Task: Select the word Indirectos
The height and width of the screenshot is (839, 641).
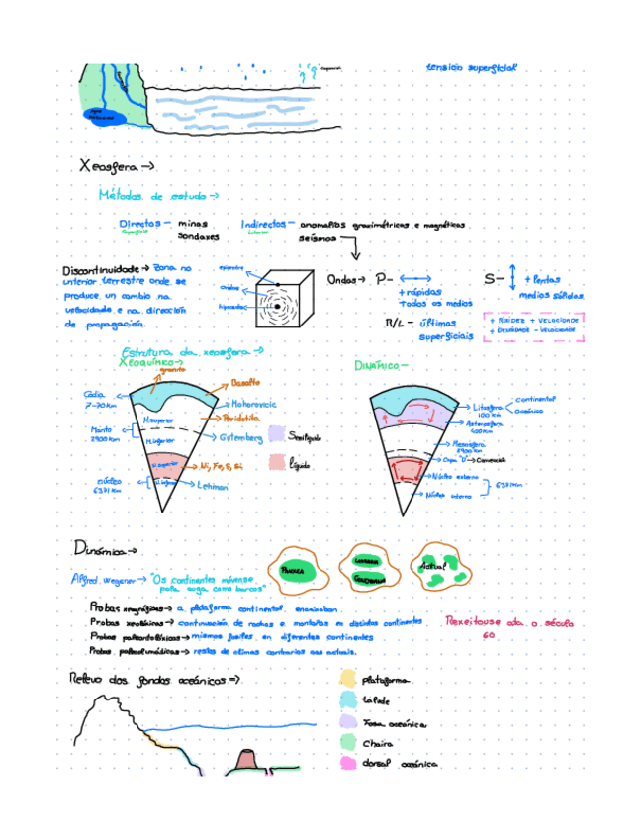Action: tap(263, 224)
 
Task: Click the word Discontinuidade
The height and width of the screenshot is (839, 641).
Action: tap(96, 269)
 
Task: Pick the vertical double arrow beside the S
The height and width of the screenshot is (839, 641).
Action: tap(512, 277)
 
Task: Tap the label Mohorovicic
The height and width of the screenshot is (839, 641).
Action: tap(253, 405)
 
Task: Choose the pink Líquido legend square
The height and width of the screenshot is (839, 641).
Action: tap(276, 462)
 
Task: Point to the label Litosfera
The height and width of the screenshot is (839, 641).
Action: tap(488, 406)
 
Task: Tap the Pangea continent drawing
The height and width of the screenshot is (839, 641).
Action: tap(293, 570)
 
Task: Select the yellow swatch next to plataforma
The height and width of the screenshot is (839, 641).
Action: tap(347, 679)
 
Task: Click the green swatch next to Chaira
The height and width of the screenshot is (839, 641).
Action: tap(347, 742)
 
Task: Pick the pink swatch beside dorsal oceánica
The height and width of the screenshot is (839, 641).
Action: tap(347, 763)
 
